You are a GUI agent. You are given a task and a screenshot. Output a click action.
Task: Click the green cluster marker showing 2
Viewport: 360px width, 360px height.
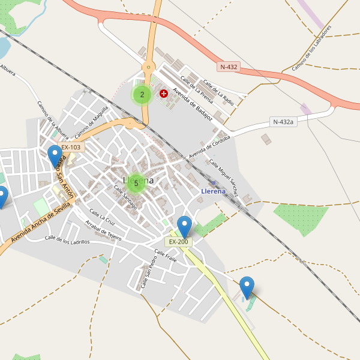click(x=142, y=94)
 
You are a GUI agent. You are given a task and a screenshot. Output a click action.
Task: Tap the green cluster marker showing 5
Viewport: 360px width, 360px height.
click(x=136, y=183)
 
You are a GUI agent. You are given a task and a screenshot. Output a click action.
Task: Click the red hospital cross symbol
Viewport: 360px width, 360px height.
click(x=164, y=94)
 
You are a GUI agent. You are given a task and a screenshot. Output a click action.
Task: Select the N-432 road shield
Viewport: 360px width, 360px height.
click(x=229, y=67)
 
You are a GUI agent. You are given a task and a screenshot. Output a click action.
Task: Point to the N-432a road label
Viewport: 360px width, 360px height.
click(x=283, y=122)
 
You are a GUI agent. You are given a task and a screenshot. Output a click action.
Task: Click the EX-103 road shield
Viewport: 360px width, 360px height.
click(x=71, y=147)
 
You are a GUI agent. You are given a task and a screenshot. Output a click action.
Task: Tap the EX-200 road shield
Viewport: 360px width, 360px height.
click(x=179, y=242)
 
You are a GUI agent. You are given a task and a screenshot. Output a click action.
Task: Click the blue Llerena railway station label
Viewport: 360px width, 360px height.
click(x=213, y=191)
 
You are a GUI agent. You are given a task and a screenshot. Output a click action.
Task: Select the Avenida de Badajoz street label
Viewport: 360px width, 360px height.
click(x=193, y=105)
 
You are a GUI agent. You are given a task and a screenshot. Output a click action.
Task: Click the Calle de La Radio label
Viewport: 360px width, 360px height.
click(x=218, y=92)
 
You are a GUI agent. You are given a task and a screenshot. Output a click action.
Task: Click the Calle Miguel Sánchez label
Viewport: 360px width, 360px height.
click(x=224, y=178)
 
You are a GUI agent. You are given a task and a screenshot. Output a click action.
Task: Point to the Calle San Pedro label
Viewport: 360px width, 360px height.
click(x=149, y=273)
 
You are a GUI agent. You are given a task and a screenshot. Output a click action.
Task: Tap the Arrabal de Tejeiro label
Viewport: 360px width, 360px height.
click(x=104, y=231)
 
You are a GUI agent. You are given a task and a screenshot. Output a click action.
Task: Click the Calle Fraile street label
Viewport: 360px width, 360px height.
click(x=166, y=256)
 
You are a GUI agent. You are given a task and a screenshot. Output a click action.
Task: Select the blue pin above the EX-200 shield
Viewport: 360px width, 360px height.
click(x=184, y=226)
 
